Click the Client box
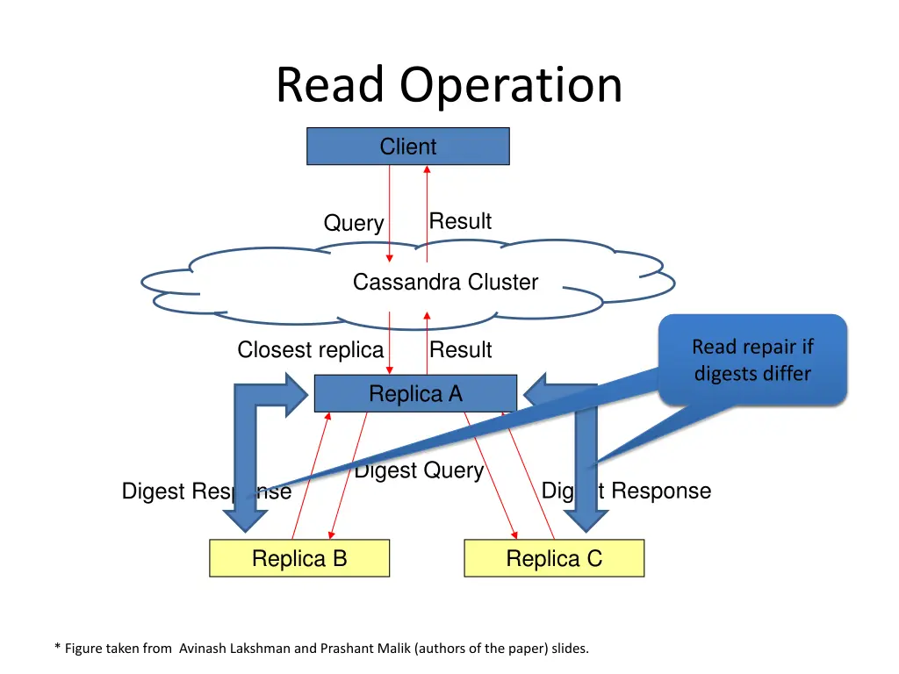pos(407,147)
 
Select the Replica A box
pos(415,394)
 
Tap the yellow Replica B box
pos(298,558)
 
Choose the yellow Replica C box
pos(553,558)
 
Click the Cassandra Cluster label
pos(445,282)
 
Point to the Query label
pos(353,223)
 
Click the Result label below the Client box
pos(460,221)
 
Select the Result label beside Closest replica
pos(460,350)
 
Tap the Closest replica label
pos(310,350)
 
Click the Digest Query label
pos(419,471)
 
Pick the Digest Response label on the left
pos(206,491)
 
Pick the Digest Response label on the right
pos(626,491)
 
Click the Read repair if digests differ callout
pos(752,360)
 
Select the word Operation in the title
pos(511,85)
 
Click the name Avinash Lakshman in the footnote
pos(235,649)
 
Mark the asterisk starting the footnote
pos(57,648)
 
